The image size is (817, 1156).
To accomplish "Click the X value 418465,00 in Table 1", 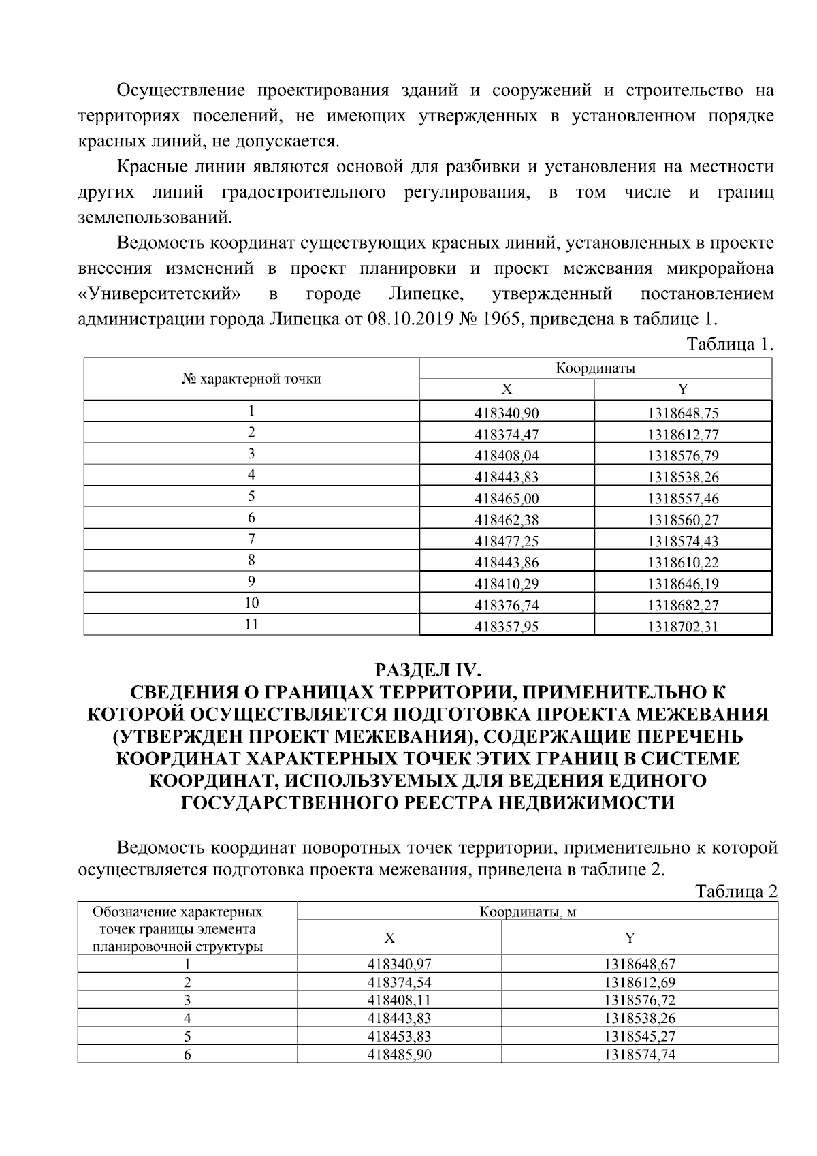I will pos(506,499).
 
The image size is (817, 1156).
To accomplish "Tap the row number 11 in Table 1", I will pos(251,624).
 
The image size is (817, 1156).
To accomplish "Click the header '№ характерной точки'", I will pos(251,379).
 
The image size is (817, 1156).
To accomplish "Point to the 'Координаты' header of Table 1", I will pos(595,369).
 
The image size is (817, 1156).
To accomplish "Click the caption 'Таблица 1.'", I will pos(730,344).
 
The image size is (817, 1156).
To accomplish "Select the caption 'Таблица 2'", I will pos(735,892).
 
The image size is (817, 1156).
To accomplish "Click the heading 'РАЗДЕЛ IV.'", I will pos(428,670).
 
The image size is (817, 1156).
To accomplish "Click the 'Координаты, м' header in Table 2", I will pos(537,911).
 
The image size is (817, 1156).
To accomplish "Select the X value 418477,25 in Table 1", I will pos(506,542).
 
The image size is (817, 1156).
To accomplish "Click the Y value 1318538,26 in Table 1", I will pos(683,477).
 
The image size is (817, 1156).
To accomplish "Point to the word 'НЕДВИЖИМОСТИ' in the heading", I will pos(586,803).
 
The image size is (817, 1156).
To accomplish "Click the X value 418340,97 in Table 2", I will pos(399,964).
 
